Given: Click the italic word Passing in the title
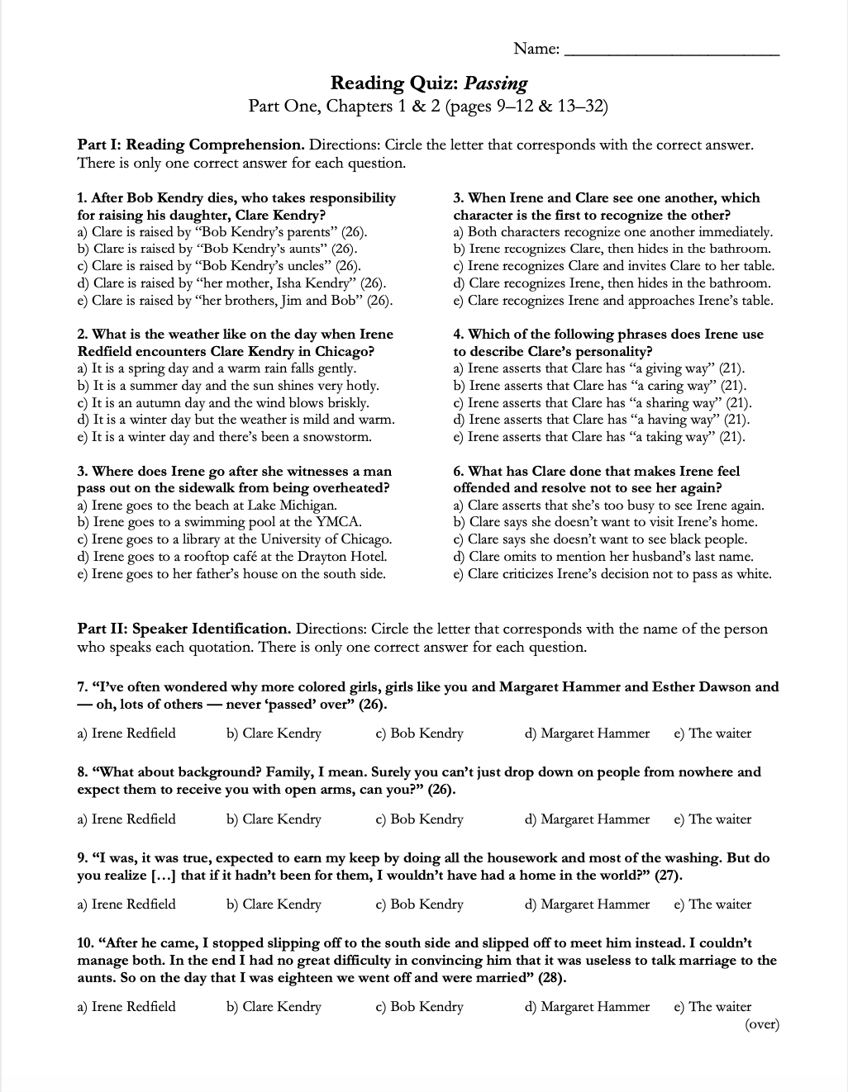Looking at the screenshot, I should point(496,83).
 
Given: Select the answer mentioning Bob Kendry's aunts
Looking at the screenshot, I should point(217,249).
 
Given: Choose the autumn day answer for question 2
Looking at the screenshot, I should point(223,403).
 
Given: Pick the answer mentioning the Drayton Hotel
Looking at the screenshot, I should point(232,557).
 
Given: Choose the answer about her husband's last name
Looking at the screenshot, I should point(603,557).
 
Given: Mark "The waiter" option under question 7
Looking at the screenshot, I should point(712,734).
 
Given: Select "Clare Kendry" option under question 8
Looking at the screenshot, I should point(274,819).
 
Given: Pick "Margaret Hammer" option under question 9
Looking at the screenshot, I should point(588,904).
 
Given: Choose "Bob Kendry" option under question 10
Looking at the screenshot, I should point(420,1007).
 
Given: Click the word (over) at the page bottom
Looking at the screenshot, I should point(762,1025).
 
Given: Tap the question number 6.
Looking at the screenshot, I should point(458,472).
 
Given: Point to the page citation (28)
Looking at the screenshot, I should point(552,978).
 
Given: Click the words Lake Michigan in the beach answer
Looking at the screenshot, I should point(294,506).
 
